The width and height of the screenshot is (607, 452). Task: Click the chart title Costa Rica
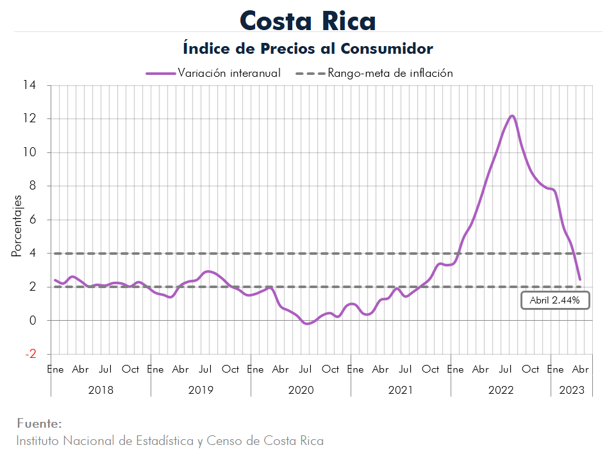308,20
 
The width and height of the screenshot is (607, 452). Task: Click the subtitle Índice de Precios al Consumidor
308,49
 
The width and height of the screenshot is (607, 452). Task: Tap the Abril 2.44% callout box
555,300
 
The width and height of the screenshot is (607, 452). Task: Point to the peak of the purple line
512,116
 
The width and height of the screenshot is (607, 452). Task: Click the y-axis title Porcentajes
17,227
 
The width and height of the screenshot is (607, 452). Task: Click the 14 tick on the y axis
30,85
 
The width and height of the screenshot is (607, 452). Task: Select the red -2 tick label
30,354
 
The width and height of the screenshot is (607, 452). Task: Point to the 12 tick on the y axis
30,119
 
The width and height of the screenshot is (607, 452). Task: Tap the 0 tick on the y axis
33,321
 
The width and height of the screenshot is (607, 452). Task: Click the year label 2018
101,390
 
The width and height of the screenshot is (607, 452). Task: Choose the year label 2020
301,390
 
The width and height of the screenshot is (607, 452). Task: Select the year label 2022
501,390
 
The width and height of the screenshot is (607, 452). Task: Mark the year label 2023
572,390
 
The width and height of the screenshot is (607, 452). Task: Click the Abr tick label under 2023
580,369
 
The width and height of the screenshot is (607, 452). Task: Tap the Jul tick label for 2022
505,369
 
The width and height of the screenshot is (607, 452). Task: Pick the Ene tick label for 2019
155,369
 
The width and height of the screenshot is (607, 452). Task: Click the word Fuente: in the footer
39,423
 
